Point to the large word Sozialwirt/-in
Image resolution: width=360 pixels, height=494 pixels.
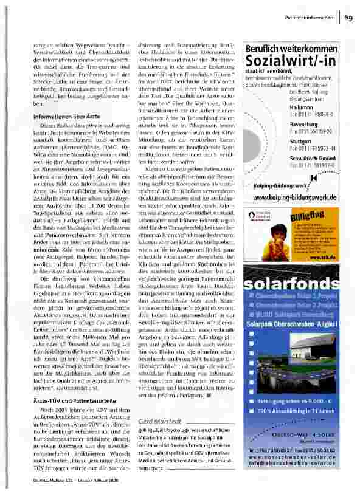point(292,62)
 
